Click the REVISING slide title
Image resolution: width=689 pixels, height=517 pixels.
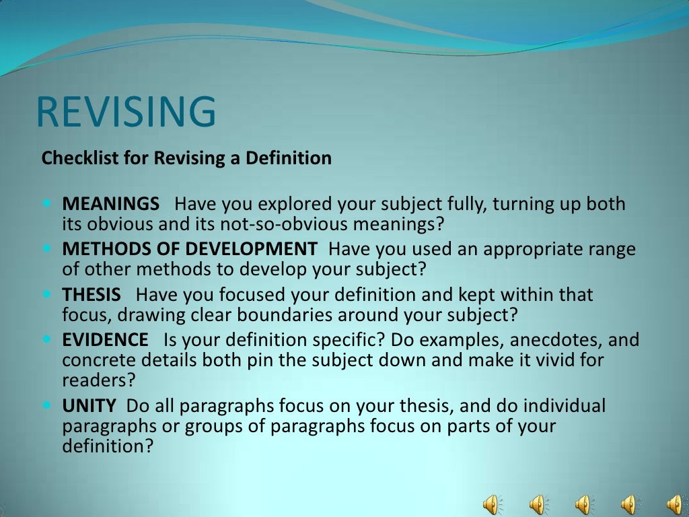click(x=126, y=112)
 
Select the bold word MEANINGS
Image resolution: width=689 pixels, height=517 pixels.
click(x=111, y=204)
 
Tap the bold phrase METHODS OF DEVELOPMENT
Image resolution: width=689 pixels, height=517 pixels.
click(x=189, y=249)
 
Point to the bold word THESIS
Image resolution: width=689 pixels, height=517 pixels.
click(x=92, y=295)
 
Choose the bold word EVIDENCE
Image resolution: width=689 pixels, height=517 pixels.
click(x=105, y=340)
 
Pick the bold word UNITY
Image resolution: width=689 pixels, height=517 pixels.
click(x=89, y=406)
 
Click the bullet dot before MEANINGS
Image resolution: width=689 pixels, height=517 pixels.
click(x=47, y=203)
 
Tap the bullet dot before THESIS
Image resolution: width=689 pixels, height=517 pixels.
click(x=47, y=294)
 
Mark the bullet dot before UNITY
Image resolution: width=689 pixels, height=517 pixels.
click(x=47, y=405)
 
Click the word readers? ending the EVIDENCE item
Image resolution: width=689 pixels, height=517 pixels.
click(x=99, y=379)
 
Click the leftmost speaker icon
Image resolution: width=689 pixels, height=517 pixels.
click(x=493, y=504)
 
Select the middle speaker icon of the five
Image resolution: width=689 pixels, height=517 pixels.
click(x=583, y=504)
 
